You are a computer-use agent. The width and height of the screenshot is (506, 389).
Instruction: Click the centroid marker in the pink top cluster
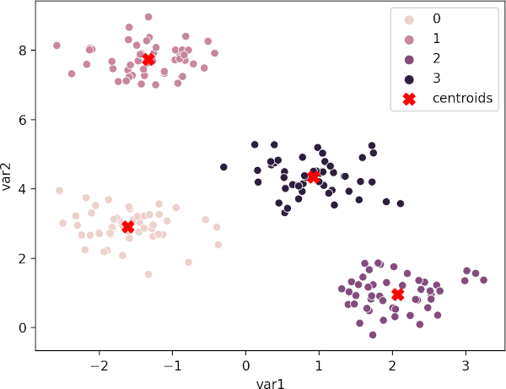click(148, 59)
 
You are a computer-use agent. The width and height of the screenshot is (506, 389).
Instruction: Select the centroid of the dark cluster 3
click(313, 177)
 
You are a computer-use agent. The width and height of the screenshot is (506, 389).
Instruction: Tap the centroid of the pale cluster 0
click(127, 227)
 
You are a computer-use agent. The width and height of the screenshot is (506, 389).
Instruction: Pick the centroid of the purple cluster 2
click(397, 294)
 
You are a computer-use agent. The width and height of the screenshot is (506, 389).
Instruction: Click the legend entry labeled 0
click(436, 19)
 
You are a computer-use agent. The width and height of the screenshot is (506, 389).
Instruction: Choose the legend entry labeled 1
click(436, 39)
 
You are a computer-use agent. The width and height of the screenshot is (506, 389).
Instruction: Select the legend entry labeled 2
click(436, 59)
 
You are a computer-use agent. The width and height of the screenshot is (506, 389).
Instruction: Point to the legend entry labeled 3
click(436, 78)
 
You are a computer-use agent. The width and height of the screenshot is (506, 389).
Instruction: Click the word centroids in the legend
click(462, 99)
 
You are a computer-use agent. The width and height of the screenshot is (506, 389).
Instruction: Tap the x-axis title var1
click(271, 382)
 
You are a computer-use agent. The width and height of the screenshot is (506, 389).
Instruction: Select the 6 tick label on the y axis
click(24, 119)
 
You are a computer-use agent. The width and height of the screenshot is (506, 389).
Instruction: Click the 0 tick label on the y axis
click(24, 327)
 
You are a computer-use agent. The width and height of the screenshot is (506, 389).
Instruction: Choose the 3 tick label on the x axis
click(466, 367)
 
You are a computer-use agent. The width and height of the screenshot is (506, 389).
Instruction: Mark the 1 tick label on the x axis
click(319, 367)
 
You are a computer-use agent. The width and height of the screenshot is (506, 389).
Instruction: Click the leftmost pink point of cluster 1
click(57, 46)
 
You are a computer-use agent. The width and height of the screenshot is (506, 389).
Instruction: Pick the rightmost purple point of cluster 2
click(483, 280)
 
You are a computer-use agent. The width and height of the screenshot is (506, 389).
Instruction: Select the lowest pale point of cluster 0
click(148, 274)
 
